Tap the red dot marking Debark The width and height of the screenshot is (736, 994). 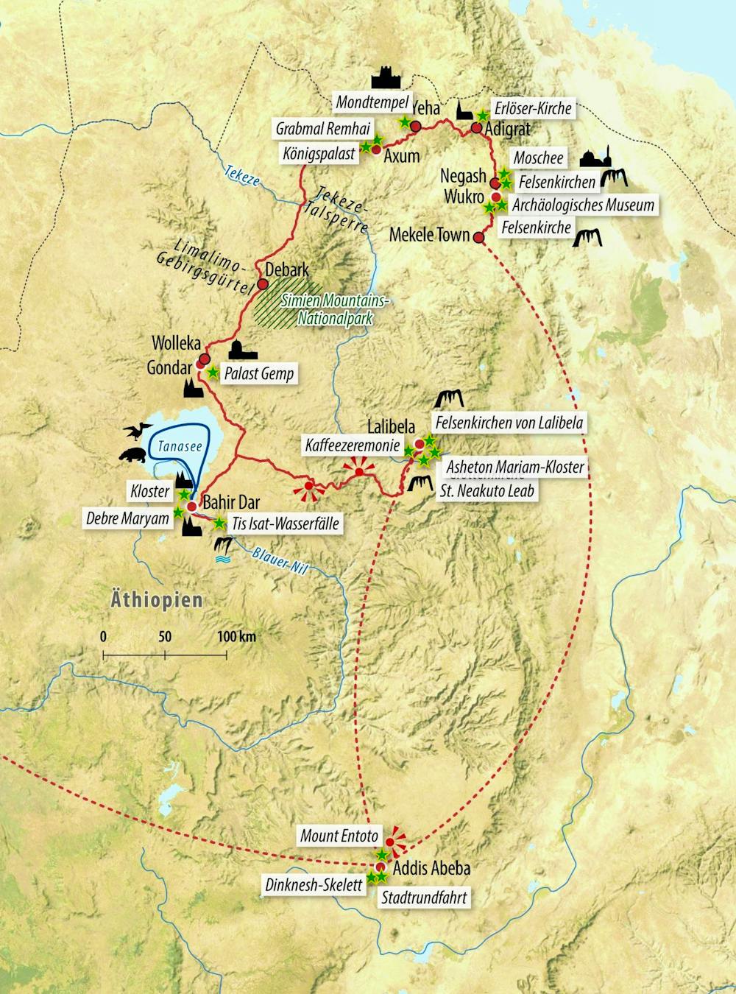pyautogui.click(x=263, y=284)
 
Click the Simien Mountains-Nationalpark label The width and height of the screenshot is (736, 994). pyautogui.click(x=335, y=310)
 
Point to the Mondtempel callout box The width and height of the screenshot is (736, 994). pyautogui.click(x=372, y=102)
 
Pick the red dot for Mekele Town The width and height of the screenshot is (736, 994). pyautogui.click(x=478, y=238)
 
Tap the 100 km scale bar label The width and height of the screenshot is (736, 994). pyautogui.click(x=236, y=636)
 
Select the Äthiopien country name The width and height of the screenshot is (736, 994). pyautogui.click(x=156, y=599)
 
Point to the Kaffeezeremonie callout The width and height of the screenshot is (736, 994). pyautogui.click(x=353, y=445)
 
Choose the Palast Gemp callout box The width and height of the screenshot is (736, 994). pyautogui.click(x=258, y=374)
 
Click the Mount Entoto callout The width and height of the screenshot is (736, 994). pyautogui.click(x=339, y=836)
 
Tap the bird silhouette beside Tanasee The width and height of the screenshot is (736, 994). pyautogui.click(x=137, y=431)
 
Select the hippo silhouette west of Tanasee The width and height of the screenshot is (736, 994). pyautogui.click(x=133, y=455)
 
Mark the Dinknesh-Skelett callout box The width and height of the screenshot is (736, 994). pyautogui.click(x=314, y=884)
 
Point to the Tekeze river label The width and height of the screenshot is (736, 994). pyautogui.click(x=242, y=175)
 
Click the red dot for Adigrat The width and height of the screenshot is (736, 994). pyautogui.click(x=476, y=128)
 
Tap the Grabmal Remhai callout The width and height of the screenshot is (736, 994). pyautogui.click(x=322, y=129)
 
